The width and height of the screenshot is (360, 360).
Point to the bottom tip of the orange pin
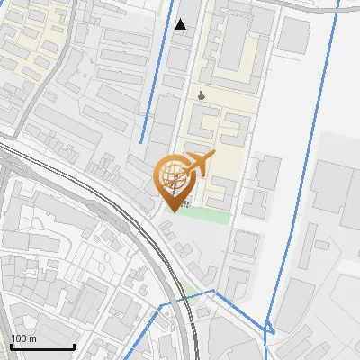[x=170, y=211]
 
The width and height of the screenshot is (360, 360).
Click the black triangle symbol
[x=181, y=24]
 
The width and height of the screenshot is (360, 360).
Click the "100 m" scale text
[x=23, y=338]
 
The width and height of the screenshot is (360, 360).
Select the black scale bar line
[x=42, y=347]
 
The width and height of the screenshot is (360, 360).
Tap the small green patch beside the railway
[x=188, y=289]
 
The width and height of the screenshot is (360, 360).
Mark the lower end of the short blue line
[x=141, y=141]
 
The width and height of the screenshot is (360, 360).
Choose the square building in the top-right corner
[x=293, y=34]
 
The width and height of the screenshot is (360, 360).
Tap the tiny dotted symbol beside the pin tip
[x=184, y=205]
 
